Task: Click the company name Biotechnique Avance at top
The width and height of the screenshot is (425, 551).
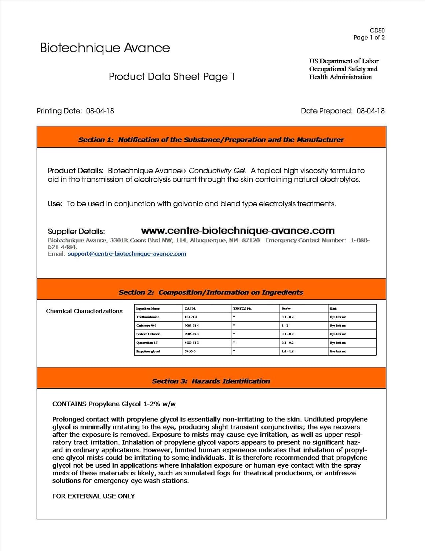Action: pyautogui.click(x=105, y=48)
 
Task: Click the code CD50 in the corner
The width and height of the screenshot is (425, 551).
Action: pyautogui.click(x=377, y=30)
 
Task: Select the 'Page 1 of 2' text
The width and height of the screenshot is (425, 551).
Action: pyautogui.click(x=369, y=37)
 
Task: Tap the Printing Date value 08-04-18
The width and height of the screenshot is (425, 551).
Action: pyautogui.click(x=100, y=111)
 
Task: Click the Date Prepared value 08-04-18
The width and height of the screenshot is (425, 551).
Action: pyautogui.click(x=370, y=111)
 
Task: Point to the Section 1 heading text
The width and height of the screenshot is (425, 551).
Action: pyautogui.click(x=211, y=140)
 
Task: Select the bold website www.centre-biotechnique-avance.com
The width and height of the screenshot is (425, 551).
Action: pyautogui.click(x=238, y=231)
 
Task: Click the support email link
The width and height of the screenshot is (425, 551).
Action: pyautogui.click(x=127, y=254)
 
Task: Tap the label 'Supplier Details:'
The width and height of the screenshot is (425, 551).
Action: pyautogui.click(x=76, y=231)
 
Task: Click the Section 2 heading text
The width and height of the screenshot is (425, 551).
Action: pyautogui.click(x=211, y=292)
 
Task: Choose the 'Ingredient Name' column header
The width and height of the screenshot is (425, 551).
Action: pyautogui.click(x=148, y=309)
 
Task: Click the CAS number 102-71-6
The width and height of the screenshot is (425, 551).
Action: pyautogui.click(x=191, y=317)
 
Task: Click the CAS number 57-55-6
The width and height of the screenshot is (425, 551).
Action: pyautogui.click(x=190, y=352)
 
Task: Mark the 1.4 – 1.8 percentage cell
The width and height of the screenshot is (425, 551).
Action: pyautogui.click(x=287, y=352)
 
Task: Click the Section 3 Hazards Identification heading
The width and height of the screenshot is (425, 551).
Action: pyautogui.click(x=211, y=381)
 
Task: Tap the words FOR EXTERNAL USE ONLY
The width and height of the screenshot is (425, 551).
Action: pyautogui.click(x=94, y=496)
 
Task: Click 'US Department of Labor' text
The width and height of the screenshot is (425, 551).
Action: pyautogui.click(x=344, y=61)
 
